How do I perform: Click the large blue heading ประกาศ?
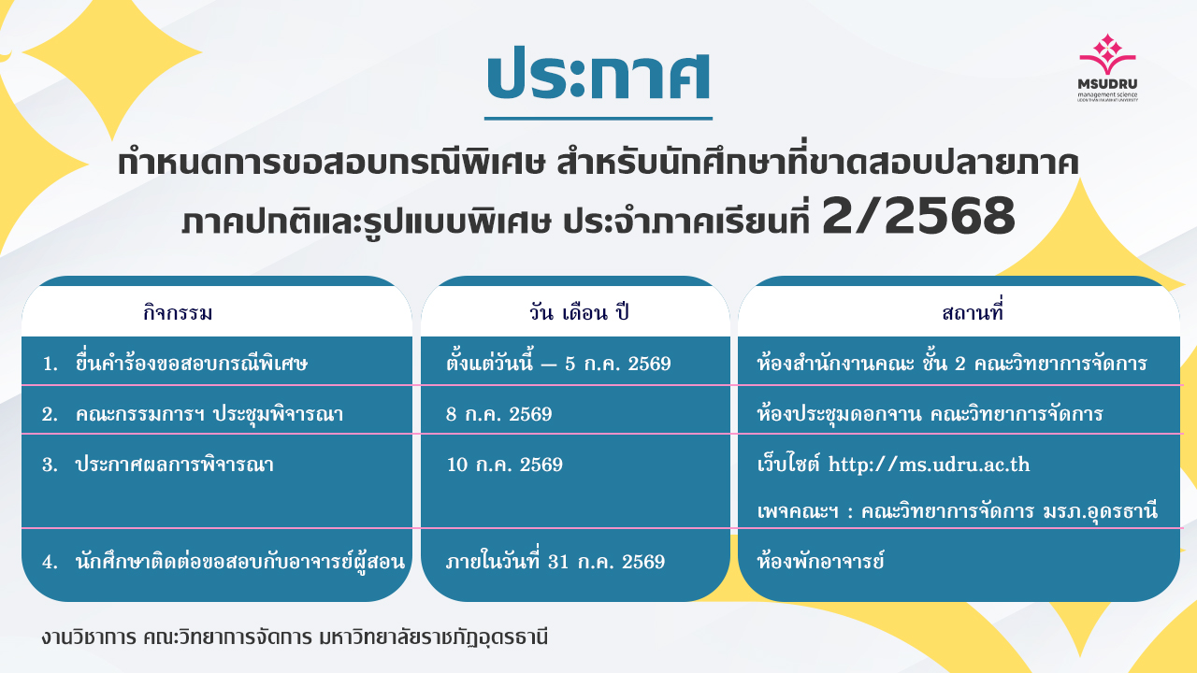pyautogui.click(x=598, y=75)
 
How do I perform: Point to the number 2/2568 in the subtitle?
pyautogui.click(x=918, y=216)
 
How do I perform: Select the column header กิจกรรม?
pyautogui.click(x=178, y=312)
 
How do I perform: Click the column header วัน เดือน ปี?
pyautogui.click(x=579, y=312)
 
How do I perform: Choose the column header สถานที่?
pyautogui.click(x=972, y=311)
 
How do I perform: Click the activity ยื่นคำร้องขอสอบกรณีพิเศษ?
pyautogui.click(x=192, y=363)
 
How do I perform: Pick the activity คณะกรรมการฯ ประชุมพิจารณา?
pyautogui.click(x=209, y=413)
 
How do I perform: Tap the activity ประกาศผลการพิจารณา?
pyautogui.click(x=174, y=465)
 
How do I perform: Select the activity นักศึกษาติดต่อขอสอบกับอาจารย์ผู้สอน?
pyautogui.click(x=239, y=561)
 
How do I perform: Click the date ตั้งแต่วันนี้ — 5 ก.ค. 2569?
pyautogui.click(x=558, y=363)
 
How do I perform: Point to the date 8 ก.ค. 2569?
pyautogui.click(x=499, y=414)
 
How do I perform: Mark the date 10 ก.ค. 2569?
pyautogui.click(x=504, y=465)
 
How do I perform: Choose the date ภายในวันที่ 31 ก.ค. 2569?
pyautogui.click(x=555, y=561)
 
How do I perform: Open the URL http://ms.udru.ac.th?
pyautogui.click(x=929, y=465)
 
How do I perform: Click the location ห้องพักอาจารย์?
pyautogui.click(x=821, y=561)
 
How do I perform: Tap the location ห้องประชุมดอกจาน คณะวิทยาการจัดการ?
pyautogui.click(x=930, y=414)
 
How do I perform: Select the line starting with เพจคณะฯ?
pyautogui.click(x=957, y=511)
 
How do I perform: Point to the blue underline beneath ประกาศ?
pyautogui.click(x=598, y=118)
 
